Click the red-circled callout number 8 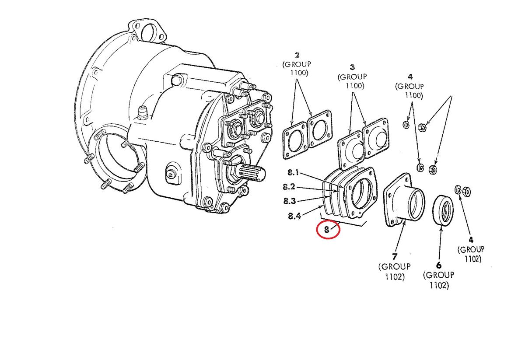327,229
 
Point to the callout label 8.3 289,201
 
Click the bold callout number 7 394,256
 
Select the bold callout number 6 439,265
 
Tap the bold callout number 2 297,55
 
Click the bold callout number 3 352,67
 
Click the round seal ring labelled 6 443,211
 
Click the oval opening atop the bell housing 148,32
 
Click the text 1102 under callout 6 438,286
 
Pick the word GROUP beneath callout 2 297,64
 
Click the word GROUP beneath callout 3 352,77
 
